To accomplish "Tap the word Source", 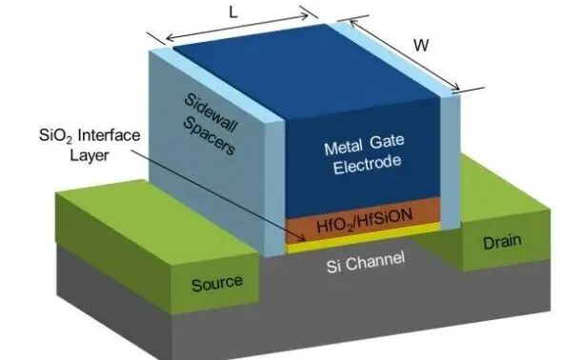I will (x=217, y=283).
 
